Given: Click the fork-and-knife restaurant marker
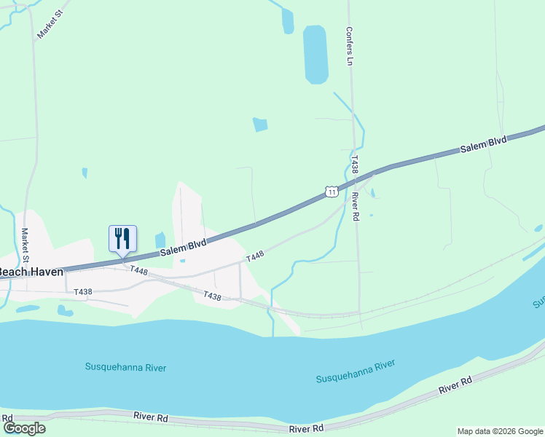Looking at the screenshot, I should [x=122, y=238].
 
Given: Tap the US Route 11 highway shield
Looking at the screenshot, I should [x=331, y=192].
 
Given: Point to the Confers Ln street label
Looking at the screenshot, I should [x=349, y=47].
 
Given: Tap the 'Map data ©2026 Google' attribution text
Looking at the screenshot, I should [x=500, y=431].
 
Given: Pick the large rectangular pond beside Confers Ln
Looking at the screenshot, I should [x=315, y=55].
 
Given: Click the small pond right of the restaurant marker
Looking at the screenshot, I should [x=160, y=240].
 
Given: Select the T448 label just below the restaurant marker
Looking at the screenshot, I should [x=138, y=270].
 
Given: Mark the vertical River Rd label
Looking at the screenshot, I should [x=355, y=206].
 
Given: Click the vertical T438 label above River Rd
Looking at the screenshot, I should [x=354, y=164].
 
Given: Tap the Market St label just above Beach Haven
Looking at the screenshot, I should [x=25, y=245].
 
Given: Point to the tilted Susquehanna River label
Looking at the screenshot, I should [x=356, y=371].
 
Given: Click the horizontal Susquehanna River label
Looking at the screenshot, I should [x=125, y=368].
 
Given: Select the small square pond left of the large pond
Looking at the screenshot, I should [x=260, y=125].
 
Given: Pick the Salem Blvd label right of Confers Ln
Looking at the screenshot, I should [x=482, y=145].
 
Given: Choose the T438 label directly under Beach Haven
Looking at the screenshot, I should [x=83, y=291].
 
